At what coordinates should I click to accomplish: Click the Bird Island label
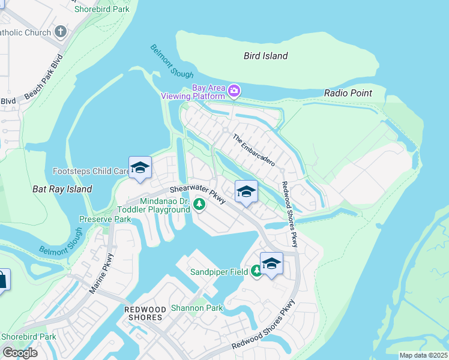(265, 56)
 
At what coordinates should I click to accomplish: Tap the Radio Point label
(348, 93)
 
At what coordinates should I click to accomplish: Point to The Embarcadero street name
(253, 150)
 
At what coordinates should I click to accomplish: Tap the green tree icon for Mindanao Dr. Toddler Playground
(199, 206)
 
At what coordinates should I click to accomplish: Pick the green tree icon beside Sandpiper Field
(256, 272)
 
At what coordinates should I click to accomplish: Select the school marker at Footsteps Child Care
(140, 168)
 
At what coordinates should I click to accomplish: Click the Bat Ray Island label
(62, 189)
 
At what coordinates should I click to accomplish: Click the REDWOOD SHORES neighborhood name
(143, 313)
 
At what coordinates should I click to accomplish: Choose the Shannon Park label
(197, 308)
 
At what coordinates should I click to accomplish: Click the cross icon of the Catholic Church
(61, 31)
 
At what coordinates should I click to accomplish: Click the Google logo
(20, 352)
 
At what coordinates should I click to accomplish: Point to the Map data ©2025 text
(423, 355)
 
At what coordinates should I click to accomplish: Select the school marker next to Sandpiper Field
(271, 264)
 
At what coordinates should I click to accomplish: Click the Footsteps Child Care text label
(90, 171)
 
